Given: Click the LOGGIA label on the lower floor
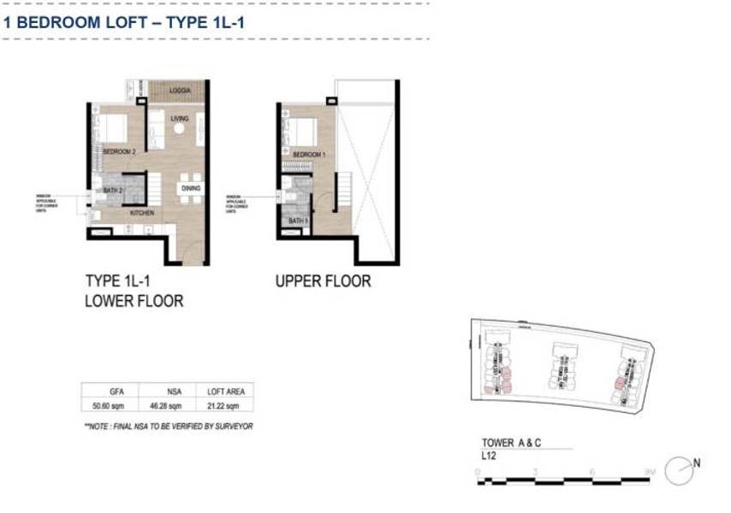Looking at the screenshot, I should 180,90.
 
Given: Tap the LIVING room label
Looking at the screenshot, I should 179,119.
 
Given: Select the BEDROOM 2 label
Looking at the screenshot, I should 119,151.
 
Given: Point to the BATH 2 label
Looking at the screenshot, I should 114,190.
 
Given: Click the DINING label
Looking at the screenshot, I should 191,188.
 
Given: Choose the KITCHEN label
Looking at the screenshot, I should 142,212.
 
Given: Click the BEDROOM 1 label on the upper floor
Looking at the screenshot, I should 306,155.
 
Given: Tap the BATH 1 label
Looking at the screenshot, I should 297,221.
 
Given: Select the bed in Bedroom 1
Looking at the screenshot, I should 304,132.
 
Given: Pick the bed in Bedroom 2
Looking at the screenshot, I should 115,129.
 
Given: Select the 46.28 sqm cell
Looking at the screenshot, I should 167,405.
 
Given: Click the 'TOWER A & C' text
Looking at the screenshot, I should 513,443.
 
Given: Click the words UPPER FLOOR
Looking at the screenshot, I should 323,281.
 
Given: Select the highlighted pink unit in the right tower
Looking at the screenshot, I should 618,383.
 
